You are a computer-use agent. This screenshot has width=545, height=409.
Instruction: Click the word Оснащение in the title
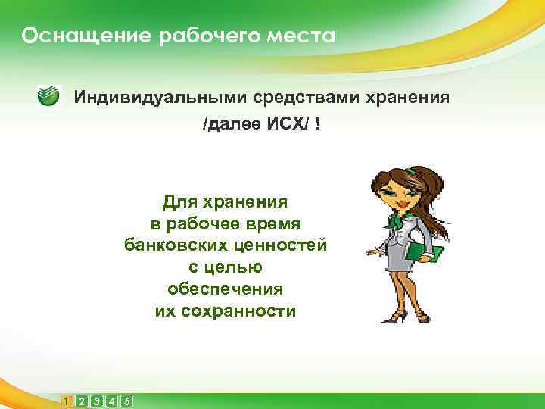(66, 36)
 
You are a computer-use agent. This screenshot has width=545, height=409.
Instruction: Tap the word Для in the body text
(179, 202)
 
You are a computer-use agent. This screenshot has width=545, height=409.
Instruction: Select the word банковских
(175, 245)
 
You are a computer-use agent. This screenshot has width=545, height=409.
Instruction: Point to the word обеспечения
(225, 289)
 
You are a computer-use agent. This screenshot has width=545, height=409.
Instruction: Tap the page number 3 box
(97, 401)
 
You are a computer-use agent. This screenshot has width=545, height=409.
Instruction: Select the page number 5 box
(127, 401)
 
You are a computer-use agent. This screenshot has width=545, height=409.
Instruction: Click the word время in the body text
(273, 224)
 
